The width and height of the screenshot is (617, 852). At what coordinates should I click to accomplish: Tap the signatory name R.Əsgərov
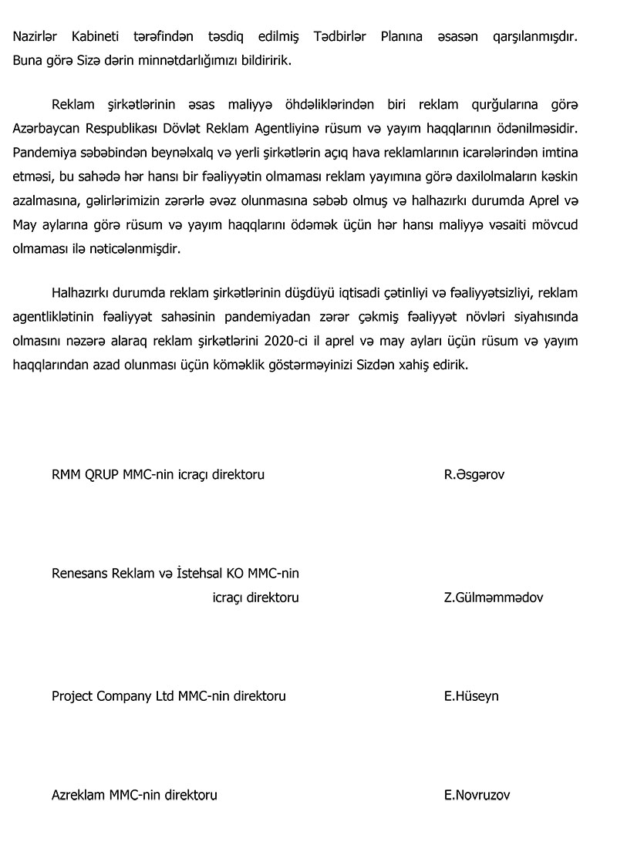(x=474, y=474)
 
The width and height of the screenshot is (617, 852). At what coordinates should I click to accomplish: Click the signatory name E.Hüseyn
(x=470, y=696)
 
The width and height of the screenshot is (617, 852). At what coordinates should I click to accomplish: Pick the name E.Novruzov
(x=476, y=795)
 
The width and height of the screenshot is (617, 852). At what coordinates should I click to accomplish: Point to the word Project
(x=72, y=696)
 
